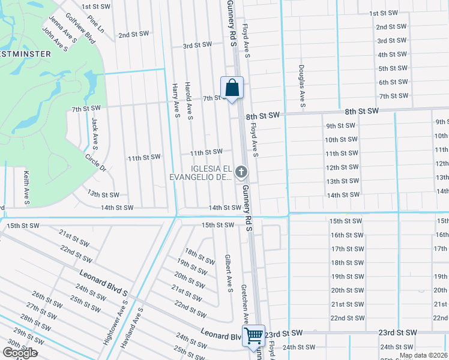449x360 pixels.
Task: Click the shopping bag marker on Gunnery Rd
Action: click(x=232, y=89)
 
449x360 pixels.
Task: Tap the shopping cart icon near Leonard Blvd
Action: click(x=253, y=335)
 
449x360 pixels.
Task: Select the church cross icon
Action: click(x=241, y=173)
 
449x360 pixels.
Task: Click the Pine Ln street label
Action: click(x=95, y=25)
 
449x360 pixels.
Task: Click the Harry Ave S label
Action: click(x=176, y=100)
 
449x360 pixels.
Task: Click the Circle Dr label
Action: click(x=95, y=164)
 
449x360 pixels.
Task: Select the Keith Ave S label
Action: click(x=26, y=186)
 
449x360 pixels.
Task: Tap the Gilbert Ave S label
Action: click(x=228, y=273)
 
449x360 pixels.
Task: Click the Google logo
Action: click(x=20, y=353)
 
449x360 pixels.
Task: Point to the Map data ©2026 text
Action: click(x=423, y=355)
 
